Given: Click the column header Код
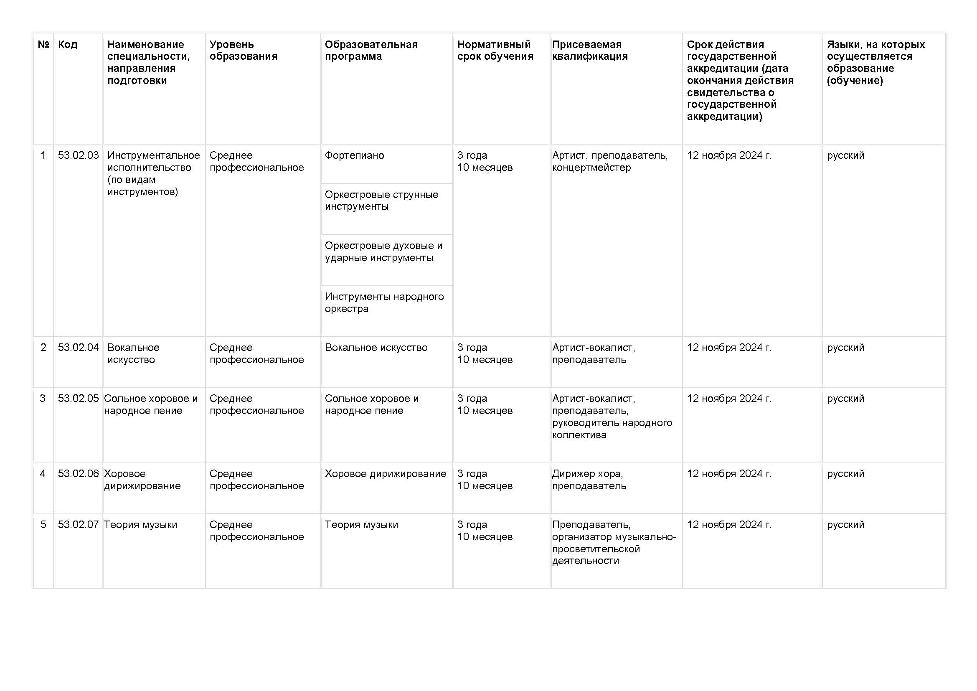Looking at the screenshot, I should (x=68, y=45).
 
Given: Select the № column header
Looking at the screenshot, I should (x=43, y=45).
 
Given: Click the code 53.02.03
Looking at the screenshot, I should (x=78, y=155).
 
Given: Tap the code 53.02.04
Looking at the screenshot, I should (x=78, y=348).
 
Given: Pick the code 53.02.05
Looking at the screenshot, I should (x=78, y=399).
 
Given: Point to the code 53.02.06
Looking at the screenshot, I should (x=78, y=474).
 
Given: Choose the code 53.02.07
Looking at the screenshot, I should (x=78, y=525).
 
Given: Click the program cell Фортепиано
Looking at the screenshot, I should (x=355, y=155).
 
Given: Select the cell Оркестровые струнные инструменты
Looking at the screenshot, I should (x=381, y=201).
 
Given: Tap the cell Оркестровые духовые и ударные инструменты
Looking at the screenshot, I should (x=383, y=252).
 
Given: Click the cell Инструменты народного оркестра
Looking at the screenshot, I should (x=384, y=302).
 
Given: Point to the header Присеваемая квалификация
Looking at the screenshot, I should (x=590, y=50).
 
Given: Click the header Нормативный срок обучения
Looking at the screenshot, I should (x=495, y=50).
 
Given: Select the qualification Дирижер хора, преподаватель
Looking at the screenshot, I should (x=589, y=480).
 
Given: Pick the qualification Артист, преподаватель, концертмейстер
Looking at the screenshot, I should (x=610, y=161).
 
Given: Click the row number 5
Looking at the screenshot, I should (x=43, y=525).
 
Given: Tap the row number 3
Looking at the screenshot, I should (x=43, y=399).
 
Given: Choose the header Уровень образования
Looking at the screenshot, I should (x=243, y=50).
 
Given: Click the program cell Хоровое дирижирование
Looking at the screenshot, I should (x=386, y=474).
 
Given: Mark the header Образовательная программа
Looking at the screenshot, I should (x=371, y=50).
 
